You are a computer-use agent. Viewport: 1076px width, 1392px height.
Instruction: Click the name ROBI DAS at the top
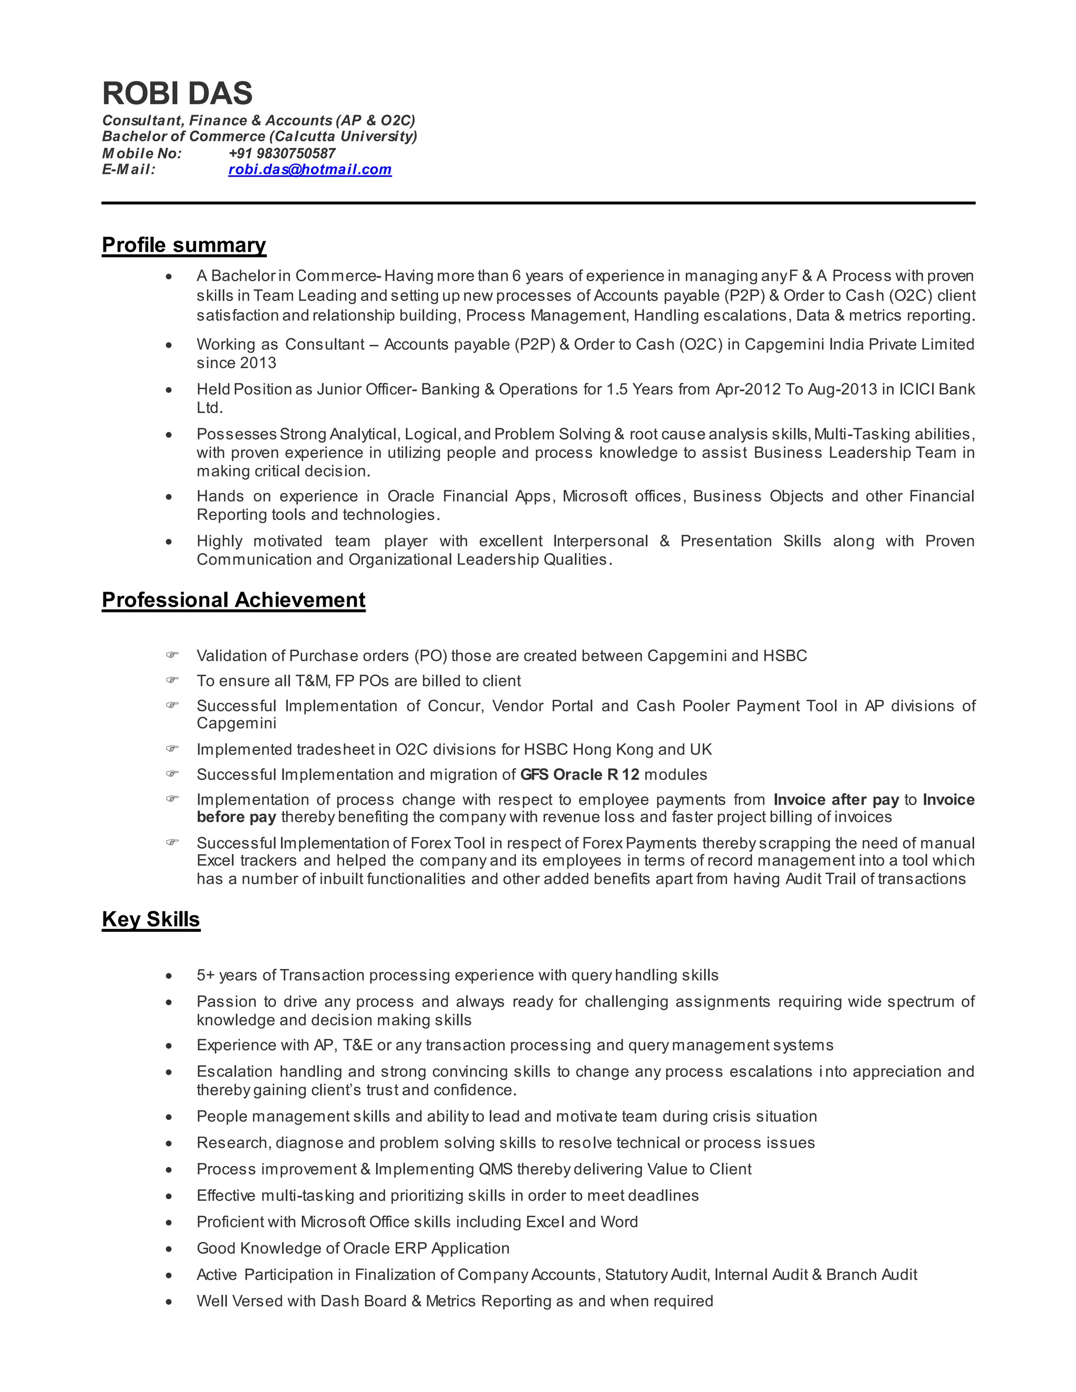click(x=177, y=94)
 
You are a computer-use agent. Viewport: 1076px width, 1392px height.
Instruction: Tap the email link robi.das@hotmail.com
click(x=310, y=170)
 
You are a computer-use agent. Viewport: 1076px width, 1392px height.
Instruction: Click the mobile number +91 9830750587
click(x=282, y=153)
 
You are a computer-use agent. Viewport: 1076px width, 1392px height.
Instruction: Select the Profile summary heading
click(x=183, y=245)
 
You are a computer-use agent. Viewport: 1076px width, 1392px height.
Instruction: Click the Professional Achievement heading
click(x=233, y=600)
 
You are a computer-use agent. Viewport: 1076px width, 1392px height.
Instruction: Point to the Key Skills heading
click(x=151, y=919)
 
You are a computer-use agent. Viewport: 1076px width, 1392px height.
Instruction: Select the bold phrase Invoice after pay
click(x=836, y=799)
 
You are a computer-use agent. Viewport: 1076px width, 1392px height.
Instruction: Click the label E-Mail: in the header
click(x=129, y=170)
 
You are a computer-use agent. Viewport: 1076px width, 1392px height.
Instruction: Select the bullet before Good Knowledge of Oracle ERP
click(x=169, y=1249)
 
